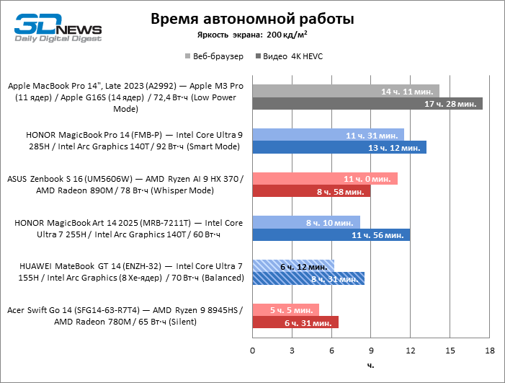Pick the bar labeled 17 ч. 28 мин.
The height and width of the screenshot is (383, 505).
[x=367, y=104]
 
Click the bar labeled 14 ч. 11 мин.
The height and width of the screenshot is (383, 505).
[x=345, y=91]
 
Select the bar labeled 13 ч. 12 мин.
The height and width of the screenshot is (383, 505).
[x=339, y=147]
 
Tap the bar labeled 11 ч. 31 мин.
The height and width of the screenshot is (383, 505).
[x=328, y=134]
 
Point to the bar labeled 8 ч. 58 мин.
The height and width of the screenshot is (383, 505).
[x=310, y=191]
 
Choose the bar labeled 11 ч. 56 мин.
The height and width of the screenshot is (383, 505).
[x=331, y=234]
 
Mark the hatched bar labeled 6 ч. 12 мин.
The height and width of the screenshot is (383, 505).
[x=292, y=265]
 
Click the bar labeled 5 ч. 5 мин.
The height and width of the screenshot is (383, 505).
[x=285, y=309]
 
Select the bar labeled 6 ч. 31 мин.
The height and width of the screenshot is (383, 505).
[x=295, y=322]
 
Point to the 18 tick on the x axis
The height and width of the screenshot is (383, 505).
[x=489, y=350]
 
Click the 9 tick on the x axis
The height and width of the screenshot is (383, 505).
[x=370, y=350]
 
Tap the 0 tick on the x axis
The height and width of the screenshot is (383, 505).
[x=252, y=350]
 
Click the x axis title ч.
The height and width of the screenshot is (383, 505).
[x=370, y=366]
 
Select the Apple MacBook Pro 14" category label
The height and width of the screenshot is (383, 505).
[x=126, y=97]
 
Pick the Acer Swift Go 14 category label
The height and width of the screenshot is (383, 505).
[x=126, y=316]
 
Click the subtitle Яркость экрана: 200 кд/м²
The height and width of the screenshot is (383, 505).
[x=253, y=35]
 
